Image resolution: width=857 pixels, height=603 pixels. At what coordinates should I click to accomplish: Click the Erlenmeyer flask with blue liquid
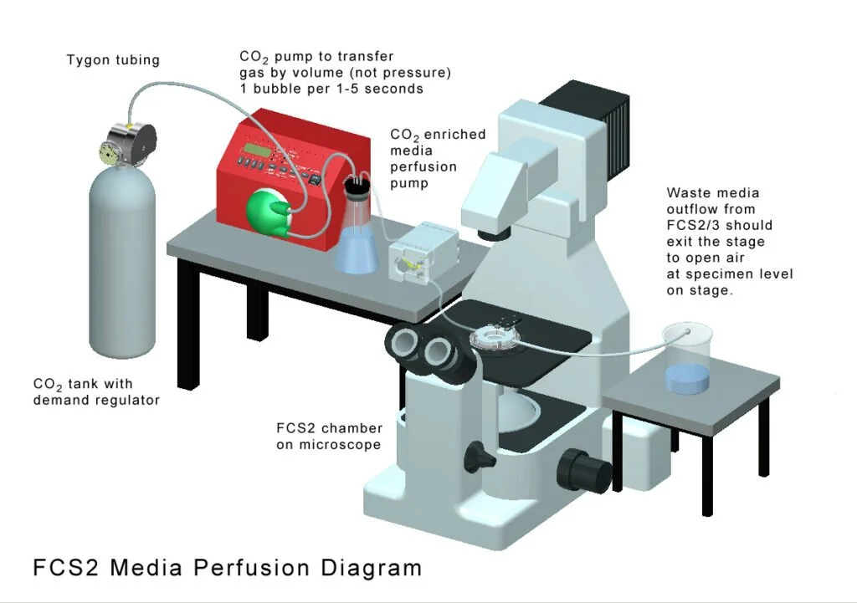click(357, 238)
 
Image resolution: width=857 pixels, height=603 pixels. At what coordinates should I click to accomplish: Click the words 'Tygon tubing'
click(113, 60)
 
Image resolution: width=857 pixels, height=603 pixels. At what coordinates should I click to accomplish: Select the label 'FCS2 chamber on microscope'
click(329, 437)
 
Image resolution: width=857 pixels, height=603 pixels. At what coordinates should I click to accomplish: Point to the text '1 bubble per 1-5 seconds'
click(331, 89)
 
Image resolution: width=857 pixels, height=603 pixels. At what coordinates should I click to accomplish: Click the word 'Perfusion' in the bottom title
click(254, 569)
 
